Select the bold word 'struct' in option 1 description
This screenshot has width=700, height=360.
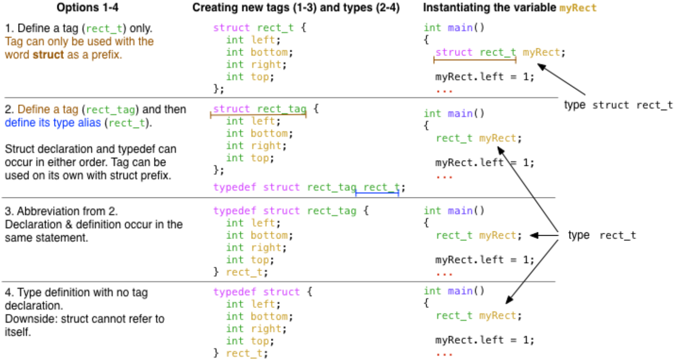tap(48, 55)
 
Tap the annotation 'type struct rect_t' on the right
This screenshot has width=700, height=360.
tap(618, 105)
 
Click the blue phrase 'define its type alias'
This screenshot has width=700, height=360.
tap(53, 122)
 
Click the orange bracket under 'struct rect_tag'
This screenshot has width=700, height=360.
tap(258, 115)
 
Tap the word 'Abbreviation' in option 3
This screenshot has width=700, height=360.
tap(42, 211)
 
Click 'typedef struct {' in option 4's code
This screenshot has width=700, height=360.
tap(262, 292)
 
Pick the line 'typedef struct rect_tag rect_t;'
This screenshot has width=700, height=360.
tap(309, 187)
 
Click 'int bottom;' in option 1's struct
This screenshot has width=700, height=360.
tap(257, 52)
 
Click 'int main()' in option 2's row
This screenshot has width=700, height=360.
tap(454, 113)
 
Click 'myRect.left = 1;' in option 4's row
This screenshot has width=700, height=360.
tap(485, 340)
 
